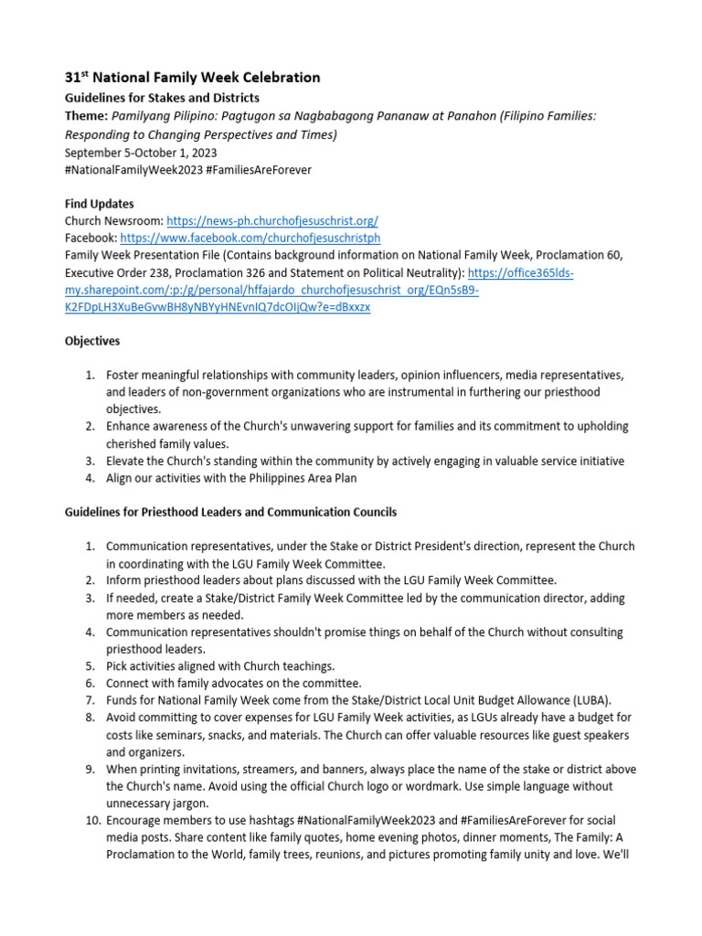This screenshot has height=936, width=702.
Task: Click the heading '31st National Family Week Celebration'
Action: click(x=192, y=78)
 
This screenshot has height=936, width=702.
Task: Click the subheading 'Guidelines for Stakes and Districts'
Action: click(x=162, y=98)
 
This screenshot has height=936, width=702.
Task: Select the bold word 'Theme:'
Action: click(x=85, y=116)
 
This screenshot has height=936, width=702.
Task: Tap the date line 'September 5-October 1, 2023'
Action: click(x=140, y=153)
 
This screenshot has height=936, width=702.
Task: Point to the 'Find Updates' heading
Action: click(x=99, y=204)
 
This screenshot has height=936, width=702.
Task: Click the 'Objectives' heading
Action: click(x=91, y=341)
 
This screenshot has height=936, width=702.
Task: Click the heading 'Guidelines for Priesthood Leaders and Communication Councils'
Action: click(x=230, y=512)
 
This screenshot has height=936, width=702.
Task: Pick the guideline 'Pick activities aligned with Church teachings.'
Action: click(x=220, y=665)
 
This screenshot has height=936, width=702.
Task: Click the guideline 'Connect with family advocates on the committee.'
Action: click(x=234, y=683)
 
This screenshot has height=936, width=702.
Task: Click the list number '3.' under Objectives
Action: click(x=90, y=461)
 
